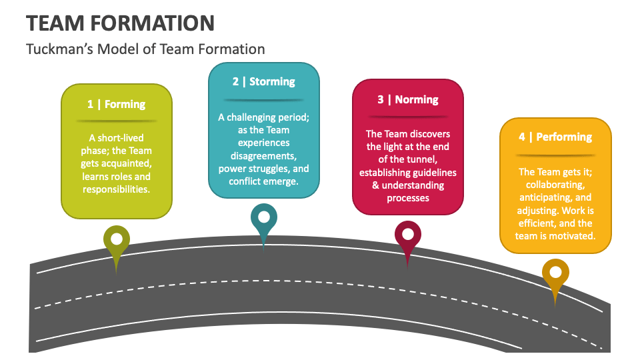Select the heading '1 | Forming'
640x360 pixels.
click(x=116, y=104)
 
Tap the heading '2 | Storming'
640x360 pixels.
click(x=264, y=81)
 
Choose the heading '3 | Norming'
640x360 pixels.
click(x=407, y=99)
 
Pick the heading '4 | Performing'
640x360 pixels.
click(x=555, y=137)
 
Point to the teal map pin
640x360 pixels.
click(x=264, y=218)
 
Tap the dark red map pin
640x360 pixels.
click(x=407, y=235)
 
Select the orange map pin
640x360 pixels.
click(x=555, y=273)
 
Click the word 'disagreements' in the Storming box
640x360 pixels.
click(x=264, y=155)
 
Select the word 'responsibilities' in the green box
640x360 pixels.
click(x=117, y=189)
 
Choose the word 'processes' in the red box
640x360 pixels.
click(x=407, y=198)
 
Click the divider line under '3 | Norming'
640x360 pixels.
click(x=407, y=117)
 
